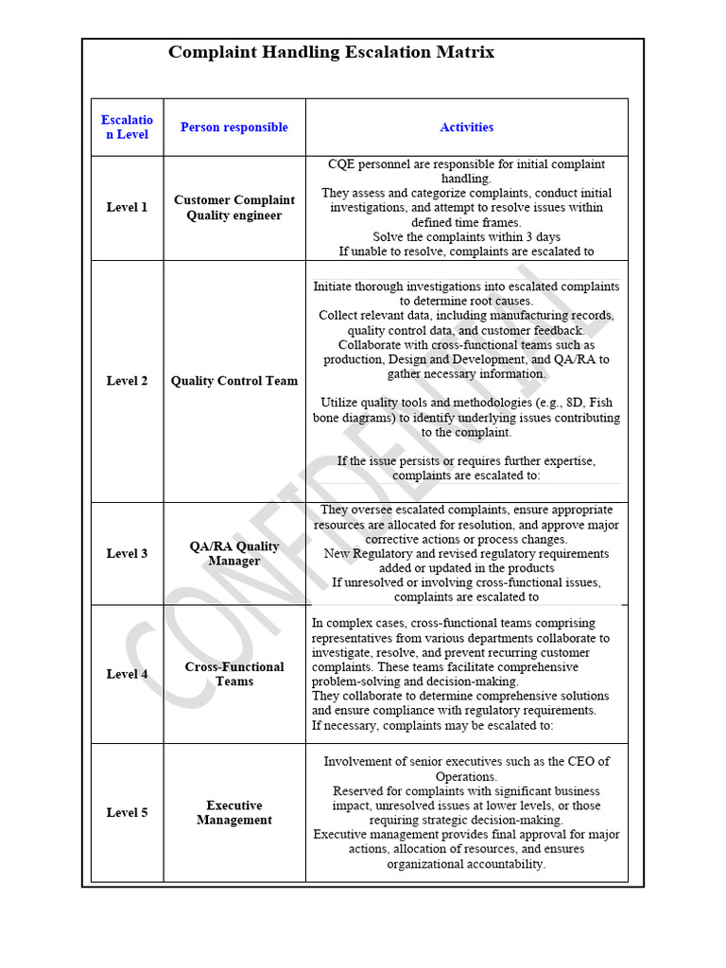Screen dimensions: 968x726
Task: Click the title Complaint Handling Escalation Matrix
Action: pyautogui.click(x=331, y=53)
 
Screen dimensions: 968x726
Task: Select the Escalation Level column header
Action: pyautogui.click(x=127, y=128)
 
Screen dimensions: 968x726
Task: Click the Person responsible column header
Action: pyautogui.click(x=233, y=128)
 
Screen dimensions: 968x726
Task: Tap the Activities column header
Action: pyautogui.click(x=466, y=128)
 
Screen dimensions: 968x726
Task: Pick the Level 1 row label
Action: pyautogui.click(x=127, y=208)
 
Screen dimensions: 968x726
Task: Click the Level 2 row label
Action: pyautogui.click(x=127, y=381)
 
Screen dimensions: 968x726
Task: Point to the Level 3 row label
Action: pyautogui.click(x=127, y=554)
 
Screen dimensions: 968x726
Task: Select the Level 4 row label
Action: pyautogui.click(x=127, y=674)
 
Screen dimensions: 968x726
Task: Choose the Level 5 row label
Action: pyautogui.click(x=127, y=813)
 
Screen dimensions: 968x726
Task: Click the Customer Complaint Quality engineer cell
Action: pyautogui.click(x=233, y=208)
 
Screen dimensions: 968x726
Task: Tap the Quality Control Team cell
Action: pyautogui.click(x=233, y=381)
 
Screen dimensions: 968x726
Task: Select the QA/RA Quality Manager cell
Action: pyautogui.click(x=233, y=554)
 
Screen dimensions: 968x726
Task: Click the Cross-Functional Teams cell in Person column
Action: pyautogui.click(x=233, y=674)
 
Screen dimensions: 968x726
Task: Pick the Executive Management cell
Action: pyautogui.click(x=233, y=813)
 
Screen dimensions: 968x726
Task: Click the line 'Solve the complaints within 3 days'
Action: pyautogui.click(x=466, y=237)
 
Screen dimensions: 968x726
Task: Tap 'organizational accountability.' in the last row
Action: pyautogui.click(x=466, y=864)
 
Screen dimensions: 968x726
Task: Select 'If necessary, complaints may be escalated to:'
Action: pyautogui.click(x=432, y=725)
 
